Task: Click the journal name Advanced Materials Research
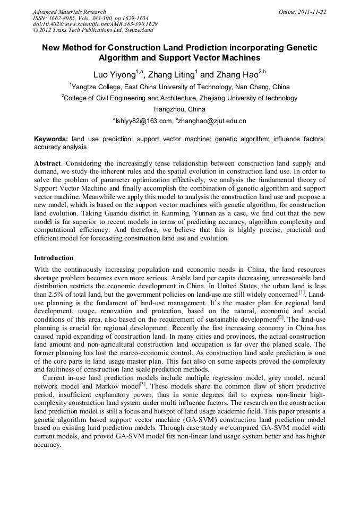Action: click(x=69, y=12)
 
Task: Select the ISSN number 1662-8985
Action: click(x=63, y=18)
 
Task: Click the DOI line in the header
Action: click(x=95, y=24)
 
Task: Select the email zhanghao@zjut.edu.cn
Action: click(x=212, y=121)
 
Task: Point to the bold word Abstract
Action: click(x=48, y=163)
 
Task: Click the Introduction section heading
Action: click(x=54, y=258)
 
